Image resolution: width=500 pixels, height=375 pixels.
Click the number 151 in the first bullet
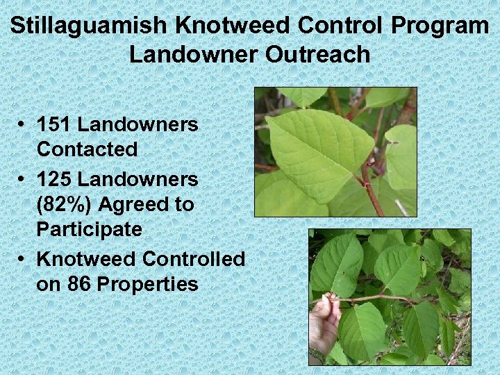[x=54, y=125]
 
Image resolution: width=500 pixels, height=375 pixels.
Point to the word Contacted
[x=87, y=149]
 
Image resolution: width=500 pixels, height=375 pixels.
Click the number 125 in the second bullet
[x=54, y=179]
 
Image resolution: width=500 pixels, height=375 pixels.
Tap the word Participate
[x=90, y=229]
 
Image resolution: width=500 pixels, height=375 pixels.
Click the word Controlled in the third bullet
[x=194, y=259]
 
